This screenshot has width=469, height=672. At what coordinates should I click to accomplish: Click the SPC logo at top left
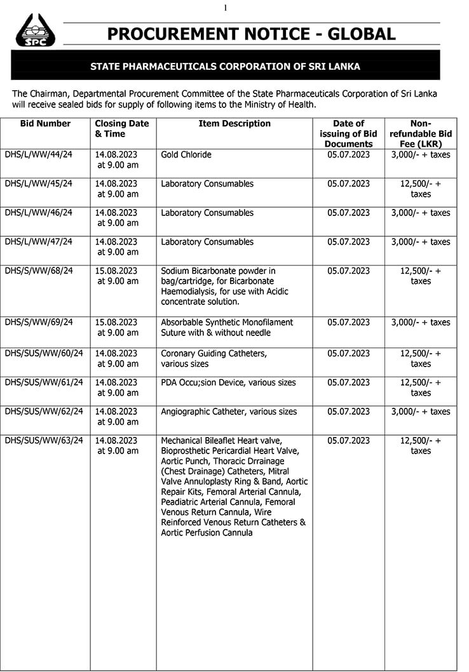tap(35, 30)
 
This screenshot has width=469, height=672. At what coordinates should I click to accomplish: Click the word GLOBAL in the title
tap(357, 34)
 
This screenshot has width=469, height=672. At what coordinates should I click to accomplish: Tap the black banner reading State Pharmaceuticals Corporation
tap(225, 66)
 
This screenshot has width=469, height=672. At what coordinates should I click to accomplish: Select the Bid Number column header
tap(45, 124)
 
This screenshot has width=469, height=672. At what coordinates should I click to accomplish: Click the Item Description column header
tap(234, 124)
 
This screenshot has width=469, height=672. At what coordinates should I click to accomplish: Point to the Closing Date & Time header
tap(122, 129)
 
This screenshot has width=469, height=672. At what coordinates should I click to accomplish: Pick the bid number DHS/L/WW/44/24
tap(38, 155)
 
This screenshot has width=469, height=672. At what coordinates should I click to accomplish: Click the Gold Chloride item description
tap(186, 155)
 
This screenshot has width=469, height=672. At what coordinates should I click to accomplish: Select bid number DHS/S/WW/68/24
tap(38, 271)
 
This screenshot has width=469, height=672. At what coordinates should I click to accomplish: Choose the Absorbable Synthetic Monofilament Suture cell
tap(227, 328)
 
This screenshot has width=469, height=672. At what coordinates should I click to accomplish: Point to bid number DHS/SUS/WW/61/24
tap(43, 383)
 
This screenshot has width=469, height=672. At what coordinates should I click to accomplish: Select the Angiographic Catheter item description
tap(229, 412)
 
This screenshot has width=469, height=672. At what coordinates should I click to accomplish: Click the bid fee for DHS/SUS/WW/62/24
tap(420, 412)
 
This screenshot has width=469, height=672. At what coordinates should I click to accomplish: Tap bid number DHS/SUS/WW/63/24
tap(43, 441)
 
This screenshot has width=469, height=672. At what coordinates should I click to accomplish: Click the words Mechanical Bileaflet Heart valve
tap(221, 441)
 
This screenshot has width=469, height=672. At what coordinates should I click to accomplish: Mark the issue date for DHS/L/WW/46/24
tap(348, 213)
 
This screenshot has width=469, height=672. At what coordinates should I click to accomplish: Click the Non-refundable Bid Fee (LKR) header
tap(420, 133)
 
